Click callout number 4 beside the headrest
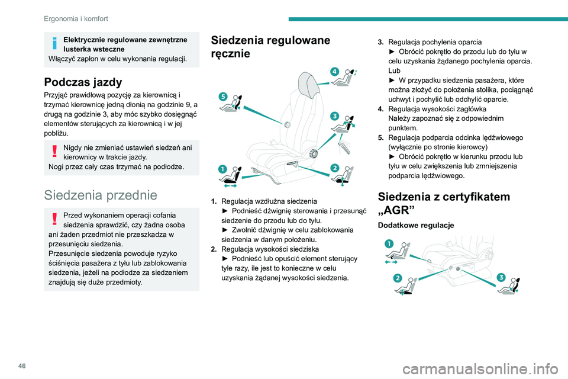click(x=334, y=71)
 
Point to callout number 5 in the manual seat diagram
click(x=224, y=96)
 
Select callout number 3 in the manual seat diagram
click(x=334, y=115)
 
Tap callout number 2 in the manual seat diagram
click(x=334, y=168)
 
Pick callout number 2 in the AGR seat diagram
click(x=398, y=278)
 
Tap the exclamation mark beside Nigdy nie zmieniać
click(x=54, y=148)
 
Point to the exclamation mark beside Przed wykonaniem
click(x=54, y=220)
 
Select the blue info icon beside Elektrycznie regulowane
click(x=54, y=44)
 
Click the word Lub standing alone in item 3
click(x=394, y=70)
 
